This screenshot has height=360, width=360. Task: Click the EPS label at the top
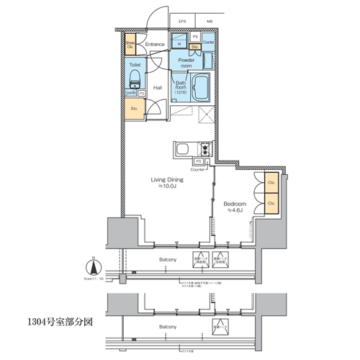point(183,22)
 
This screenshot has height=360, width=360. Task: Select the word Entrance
point(155,45)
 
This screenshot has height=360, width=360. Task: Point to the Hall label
point(157,88)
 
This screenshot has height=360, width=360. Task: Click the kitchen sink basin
point(181,150)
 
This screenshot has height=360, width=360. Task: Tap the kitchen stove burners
point(204,150)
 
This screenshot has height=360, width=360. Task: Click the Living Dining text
point(166,183)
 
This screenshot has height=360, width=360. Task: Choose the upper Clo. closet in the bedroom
point(271,183)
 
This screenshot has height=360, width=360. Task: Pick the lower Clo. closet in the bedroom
point(271,204)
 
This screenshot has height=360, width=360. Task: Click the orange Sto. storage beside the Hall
point(134,109)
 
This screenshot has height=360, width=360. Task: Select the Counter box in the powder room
point(209,42)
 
